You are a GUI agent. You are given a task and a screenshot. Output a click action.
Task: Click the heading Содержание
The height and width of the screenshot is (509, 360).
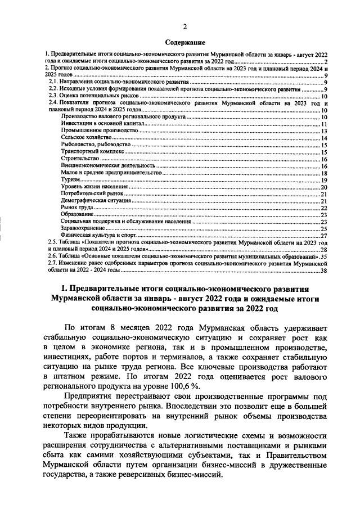[x=185, y=42]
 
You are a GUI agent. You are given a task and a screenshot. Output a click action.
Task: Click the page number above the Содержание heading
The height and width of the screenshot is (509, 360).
[x=185, y=27]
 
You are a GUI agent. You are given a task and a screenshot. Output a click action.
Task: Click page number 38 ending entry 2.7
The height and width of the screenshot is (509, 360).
[x=324, y=271]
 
